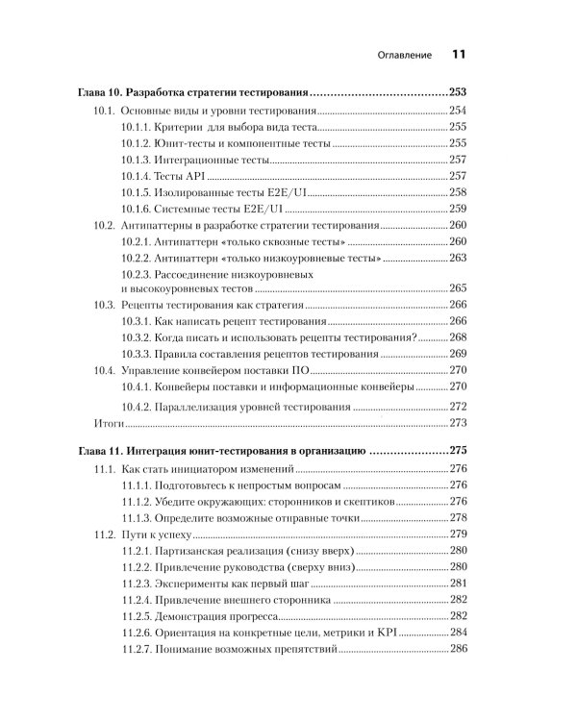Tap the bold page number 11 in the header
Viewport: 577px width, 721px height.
[x=459, y=56]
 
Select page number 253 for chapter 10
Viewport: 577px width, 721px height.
[x=457, y=93]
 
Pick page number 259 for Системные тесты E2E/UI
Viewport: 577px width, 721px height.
[x=458, y=209]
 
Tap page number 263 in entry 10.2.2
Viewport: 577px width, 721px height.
[x=458, y=258]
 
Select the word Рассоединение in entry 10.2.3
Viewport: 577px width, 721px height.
[x=197, y=274]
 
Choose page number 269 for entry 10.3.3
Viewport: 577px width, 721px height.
[x=458, y=354]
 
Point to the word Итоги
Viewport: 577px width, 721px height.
[x=109, y=422]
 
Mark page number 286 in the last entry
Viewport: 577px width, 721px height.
[x=458, y=650]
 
